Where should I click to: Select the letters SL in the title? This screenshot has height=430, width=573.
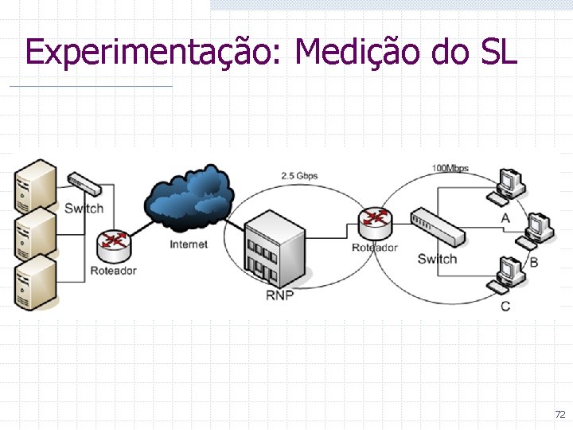point(499,53)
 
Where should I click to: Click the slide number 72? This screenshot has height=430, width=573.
point(559,415)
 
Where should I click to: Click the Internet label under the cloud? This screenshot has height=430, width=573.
point(189,244)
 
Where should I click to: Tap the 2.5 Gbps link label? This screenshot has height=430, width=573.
point(299,175)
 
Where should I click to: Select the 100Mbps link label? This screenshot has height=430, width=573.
point(450,168)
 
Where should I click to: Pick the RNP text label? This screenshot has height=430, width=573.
point(279,295)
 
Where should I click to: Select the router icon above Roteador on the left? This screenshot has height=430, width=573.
point(113,245)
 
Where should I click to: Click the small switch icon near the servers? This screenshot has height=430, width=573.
point(84,185)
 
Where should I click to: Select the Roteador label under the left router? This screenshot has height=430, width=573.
point(113,271)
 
